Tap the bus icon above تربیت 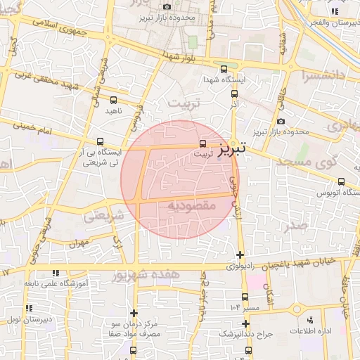204,143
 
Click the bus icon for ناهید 114,101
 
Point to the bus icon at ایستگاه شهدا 224,69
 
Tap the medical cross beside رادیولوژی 240,255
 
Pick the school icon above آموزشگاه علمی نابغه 56,273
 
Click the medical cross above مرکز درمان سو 134,313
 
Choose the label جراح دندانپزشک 243,333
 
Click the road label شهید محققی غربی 56,79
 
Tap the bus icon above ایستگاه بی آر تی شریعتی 100,141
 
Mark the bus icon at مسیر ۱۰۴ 245,297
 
